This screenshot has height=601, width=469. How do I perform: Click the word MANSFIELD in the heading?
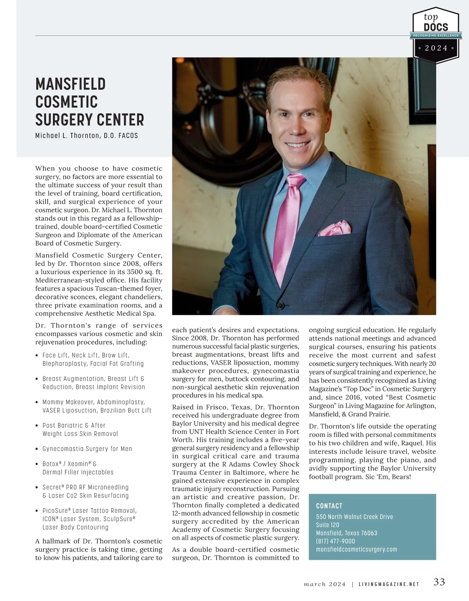(70, 84)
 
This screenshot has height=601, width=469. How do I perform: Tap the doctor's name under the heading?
(86, 136)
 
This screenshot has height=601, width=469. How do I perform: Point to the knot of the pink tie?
(295, 180)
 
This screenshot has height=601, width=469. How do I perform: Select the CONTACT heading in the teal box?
(329, 506)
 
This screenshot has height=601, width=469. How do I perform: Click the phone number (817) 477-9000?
(335, 541)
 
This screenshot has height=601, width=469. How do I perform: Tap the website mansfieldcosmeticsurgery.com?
(356, 549)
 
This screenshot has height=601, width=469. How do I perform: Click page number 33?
(439, 582)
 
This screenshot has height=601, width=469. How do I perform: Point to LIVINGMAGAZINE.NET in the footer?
(389, 585)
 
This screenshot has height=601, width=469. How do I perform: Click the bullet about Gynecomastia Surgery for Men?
(87, 449)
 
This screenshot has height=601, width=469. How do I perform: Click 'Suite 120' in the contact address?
(328, 525)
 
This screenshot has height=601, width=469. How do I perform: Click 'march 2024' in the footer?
(325, 585)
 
